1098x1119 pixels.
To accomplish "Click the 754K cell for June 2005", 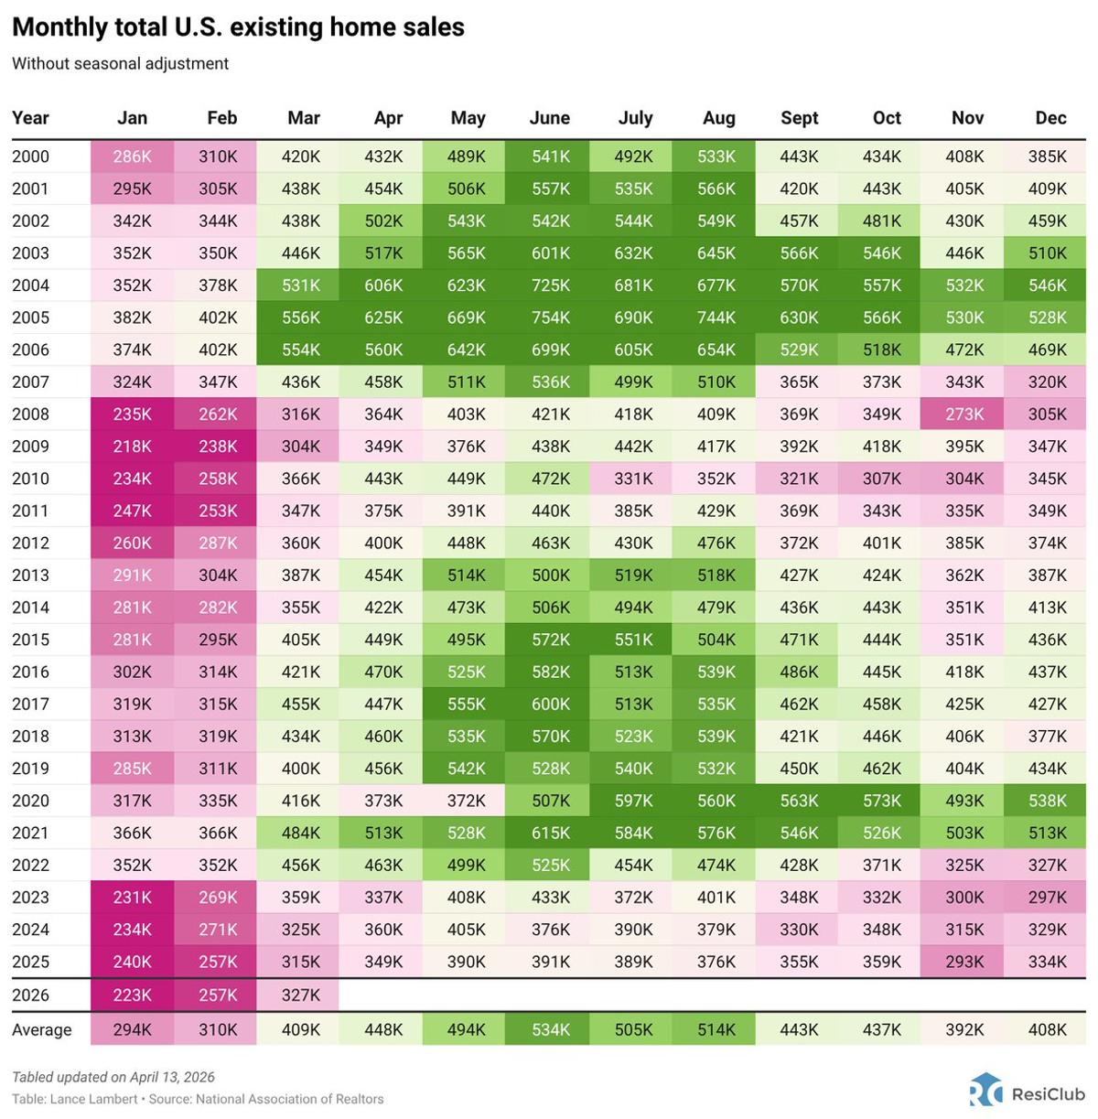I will (550, 317).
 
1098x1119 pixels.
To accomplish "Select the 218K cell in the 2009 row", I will (132, 447).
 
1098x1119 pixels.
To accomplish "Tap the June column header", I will (549, 118).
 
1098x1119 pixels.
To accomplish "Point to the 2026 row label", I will (30, 995).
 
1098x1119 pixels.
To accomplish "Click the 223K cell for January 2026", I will (132, 995).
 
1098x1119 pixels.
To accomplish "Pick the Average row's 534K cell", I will (550, 1029).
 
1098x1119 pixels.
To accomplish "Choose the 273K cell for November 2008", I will (964, 414).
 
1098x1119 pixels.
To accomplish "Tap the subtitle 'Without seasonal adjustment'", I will (120, 64).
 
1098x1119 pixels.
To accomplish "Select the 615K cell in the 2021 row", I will (550, 833).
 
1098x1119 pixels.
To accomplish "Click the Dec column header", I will (1050, 118).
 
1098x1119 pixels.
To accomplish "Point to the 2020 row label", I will (30, 801).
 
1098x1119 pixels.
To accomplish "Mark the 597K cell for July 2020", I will (633, 801).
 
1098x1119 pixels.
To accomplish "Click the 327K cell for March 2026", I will (300, 995).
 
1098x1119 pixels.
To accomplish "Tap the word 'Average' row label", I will (41, 1029).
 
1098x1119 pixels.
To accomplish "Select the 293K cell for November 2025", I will (964, 962).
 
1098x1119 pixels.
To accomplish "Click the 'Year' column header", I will (30, 118).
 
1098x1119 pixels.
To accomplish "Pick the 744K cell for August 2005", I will (716, 317).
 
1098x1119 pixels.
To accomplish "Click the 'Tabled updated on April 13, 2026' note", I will (113, 1077).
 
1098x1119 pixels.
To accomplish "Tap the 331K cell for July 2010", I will (633, 479).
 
